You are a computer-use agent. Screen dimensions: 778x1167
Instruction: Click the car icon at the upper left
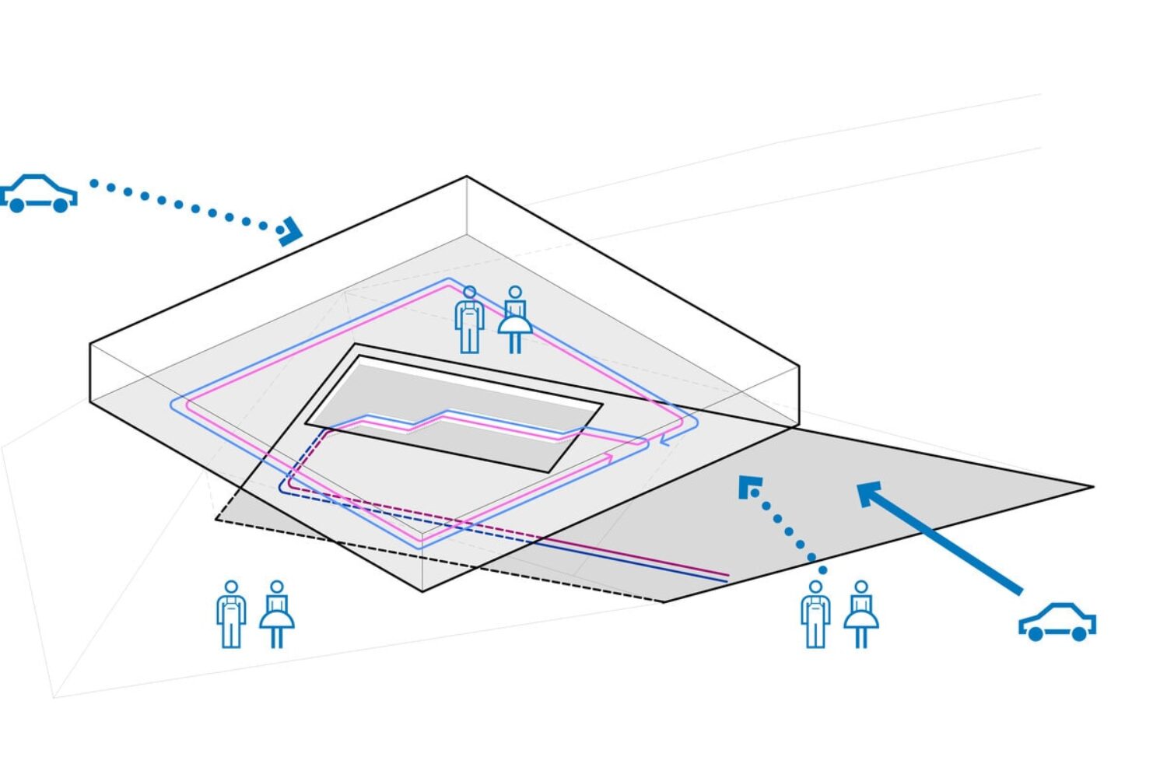click(39, 194)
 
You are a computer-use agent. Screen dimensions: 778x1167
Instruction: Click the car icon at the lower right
click(1057, 622)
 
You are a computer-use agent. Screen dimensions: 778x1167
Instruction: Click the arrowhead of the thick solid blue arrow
click(870, 493)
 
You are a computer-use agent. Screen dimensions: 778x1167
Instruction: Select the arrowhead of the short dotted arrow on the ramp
click(749, 487)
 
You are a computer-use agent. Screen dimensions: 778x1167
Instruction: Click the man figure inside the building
click(469, 320)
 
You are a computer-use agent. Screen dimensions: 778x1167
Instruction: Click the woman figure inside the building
click(514, 320)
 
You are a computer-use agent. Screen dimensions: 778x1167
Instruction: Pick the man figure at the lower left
click(231, 614)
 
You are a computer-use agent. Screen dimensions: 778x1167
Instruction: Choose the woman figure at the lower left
click(276, 614)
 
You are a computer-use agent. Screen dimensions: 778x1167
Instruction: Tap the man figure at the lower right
click(815, 614)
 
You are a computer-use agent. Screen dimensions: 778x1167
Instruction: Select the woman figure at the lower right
click(860, 614)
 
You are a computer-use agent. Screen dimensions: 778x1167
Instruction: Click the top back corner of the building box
click(467, 177)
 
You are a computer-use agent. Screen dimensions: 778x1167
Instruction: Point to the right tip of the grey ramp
click(1092, 487)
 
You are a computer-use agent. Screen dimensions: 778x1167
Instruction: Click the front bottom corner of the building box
click(422, 591)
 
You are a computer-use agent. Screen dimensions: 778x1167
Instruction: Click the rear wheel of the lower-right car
click(1079, 634)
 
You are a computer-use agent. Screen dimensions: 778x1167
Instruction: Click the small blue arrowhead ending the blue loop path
click(665, 441)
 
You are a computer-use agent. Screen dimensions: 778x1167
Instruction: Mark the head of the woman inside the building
click(514, 293)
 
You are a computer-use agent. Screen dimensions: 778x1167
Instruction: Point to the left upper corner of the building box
click(90, 343)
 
